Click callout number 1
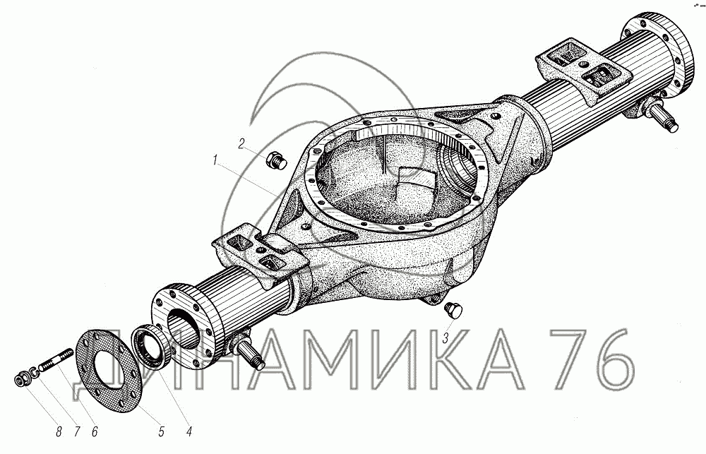(215, 160)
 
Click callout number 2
(241, 143)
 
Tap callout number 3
(445, 338)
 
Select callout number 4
(189, 431)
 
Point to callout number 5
(161, 431)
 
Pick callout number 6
(94, 431)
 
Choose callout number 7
(76, 431)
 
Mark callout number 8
(59, 431)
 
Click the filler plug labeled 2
(277, 161)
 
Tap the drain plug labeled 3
(453, 311)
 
